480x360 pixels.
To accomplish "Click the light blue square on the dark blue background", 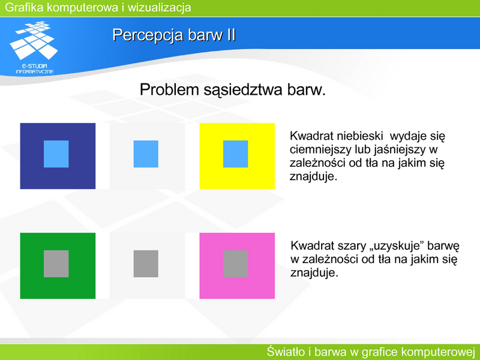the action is [56, 154].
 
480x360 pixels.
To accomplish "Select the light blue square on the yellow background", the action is [235, 154].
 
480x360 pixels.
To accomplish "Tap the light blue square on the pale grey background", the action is [146, 154].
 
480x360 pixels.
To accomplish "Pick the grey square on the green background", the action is [56, 263].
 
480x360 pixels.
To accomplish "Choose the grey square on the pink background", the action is [235, 263].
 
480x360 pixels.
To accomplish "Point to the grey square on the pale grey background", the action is [146, 263].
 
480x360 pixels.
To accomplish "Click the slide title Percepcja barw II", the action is [174, 35].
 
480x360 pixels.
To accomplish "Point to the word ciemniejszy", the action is [320, 149].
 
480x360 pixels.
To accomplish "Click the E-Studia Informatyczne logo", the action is [34, 47].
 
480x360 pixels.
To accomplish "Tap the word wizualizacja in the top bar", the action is [159, 7].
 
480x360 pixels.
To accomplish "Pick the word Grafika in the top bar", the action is [24, 7].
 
